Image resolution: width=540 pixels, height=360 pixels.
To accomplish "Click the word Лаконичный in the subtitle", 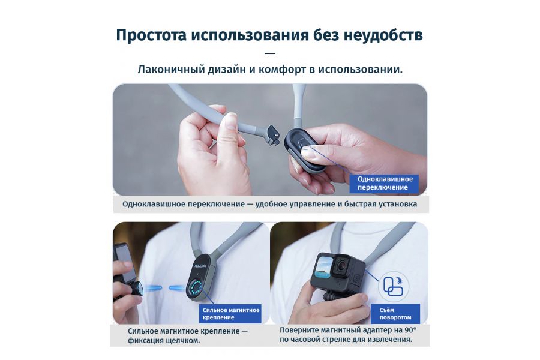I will coord(167,69).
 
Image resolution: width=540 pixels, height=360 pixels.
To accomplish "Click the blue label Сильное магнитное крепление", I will coord(230,313).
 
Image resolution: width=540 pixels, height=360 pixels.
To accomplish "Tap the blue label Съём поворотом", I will coord(395,313).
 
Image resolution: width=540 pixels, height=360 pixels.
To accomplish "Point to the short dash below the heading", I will coord(269,53).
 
